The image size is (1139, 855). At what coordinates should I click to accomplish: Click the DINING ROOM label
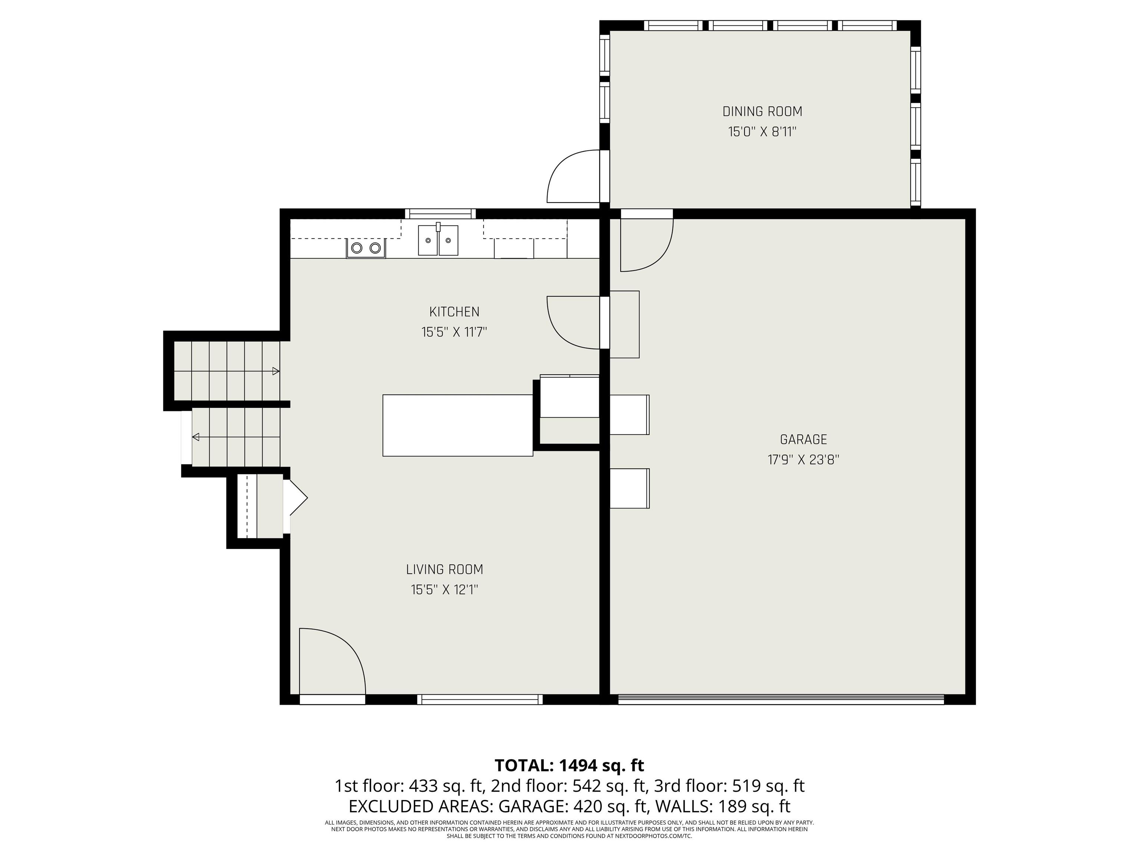762,111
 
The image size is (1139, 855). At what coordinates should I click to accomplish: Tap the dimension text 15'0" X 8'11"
762,132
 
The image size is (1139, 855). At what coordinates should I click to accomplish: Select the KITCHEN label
454,312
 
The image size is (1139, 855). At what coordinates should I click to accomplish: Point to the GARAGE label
803,440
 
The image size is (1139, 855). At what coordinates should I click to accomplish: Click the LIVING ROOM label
445,570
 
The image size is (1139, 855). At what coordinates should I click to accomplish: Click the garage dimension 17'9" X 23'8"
803,460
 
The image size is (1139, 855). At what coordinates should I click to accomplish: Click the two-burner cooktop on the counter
366,248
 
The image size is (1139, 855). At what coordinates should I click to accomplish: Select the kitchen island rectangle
457,425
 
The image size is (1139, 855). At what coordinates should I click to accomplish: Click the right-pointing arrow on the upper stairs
275,371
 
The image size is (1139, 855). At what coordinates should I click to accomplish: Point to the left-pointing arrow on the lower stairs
196,437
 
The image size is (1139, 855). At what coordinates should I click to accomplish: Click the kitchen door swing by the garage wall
569,325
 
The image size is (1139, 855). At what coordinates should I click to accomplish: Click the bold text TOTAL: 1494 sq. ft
569,765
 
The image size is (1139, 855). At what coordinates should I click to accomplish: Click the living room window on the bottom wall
479,700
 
